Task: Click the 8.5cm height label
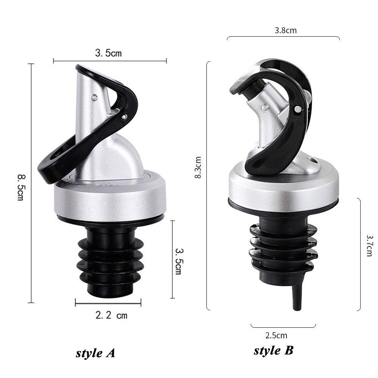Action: (x=20, y=187)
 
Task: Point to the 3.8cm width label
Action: (x=285, y=31)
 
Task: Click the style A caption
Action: (x=95, y=353)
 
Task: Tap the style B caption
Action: (x=273, y=350)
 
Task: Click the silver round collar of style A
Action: (x=110, y=197)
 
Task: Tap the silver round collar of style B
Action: (x=283, y=187)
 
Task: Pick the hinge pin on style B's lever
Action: (x=299, y=110)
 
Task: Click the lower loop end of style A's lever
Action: (x=53, y=166)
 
